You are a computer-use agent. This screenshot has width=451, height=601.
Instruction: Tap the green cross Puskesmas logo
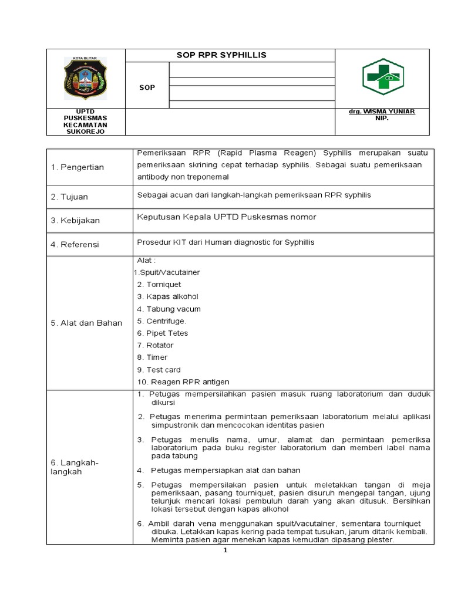(x=382, y=77)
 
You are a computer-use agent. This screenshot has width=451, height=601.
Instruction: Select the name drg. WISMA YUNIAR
(x=382, y=112)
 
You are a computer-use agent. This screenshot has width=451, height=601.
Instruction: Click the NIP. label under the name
(x=382, y=118)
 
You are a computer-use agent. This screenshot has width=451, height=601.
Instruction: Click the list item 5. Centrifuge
(x=161, y=321)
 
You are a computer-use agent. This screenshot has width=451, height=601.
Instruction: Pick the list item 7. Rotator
(x=156, y=346)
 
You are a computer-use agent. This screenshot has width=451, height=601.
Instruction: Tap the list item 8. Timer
(x=152, y=357)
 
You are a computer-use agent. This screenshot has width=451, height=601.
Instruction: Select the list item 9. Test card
(x=159, y=370)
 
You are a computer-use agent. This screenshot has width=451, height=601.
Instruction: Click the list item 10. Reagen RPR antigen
(x=183, y=382)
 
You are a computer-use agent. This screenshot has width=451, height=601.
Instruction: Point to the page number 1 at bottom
(x=225, y=551)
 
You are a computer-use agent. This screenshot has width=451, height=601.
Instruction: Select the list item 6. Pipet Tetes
(x=163, y=333)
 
